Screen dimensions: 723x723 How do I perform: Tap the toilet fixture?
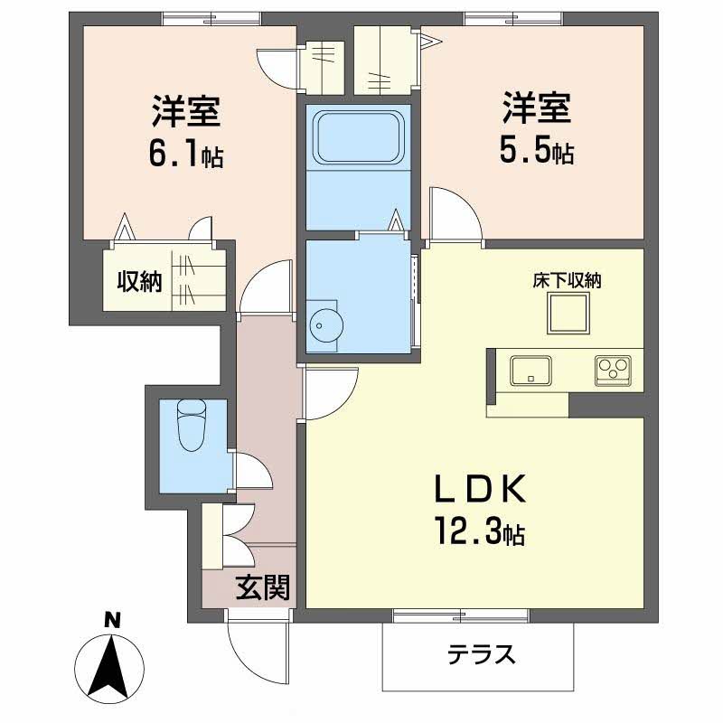(192, 425)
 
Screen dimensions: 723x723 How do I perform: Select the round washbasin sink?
(326, 324)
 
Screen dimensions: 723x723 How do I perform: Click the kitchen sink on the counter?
(531, 371)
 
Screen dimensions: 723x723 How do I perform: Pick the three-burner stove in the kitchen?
(613, 371)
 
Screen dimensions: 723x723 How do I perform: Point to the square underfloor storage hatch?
(568, 313)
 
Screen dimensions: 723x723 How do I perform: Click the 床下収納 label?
(568, 280)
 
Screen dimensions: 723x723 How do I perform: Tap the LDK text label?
(480, 489)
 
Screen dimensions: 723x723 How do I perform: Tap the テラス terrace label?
(481, 653)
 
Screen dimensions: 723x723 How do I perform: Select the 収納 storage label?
(139, 281)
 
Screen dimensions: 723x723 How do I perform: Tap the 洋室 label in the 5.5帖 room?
(537, 108)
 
